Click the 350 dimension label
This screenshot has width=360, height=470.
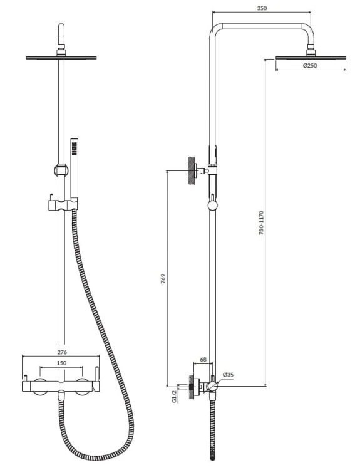pyautogui.click(x=262, y=8)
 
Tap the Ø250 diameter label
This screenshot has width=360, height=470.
pyautogui.click(x=310, y=65)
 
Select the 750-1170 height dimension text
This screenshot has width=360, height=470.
pyautogui.click(x=262, y=222)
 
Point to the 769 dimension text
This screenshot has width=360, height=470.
pyautogui.click(x=163, y=279)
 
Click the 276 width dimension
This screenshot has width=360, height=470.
pyautogui.click(x=62, y=352)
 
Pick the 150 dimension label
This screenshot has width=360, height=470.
pyautogui.click(x=62, y=363)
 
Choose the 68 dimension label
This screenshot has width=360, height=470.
pyautogui.click(x=203, y=360)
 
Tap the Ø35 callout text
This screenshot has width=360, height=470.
pyautogui.click(x=229, y=375)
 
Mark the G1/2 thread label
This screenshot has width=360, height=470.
pyautogui.click(x=175, y=396)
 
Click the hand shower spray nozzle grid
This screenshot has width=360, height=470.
pyautogui.click(x=74, y=149)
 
